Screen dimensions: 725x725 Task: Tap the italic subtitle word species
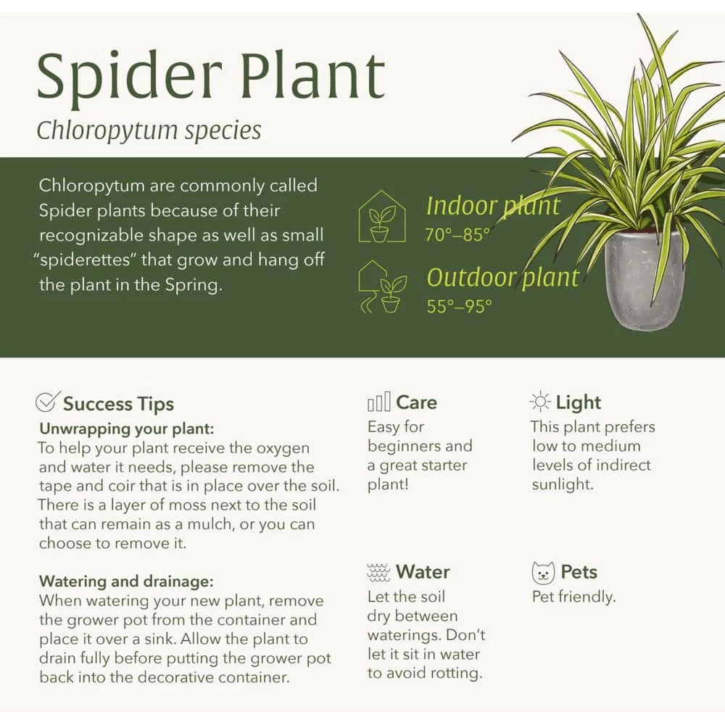(x=223, y=131)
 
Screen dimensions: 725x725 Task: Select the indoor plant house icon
(x=382, y=216)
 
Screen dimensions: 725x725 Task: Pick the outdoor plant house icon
(x=382, y=287)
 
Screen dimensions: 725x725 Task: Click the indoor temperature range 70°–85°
(x=457, y=235)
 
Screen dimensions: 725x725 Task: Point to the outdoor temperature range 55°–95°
(x=459, y=306)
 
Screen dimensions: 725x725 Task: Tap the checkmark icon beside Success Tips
(x=48, y=402)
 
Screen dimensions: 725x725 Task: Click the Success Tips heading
(x=118, y=404)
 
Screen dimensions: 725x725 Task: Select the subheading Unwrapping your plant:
(x=127, y=429)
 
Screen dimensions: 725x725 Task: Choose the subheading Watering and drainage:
(x=126, y=581)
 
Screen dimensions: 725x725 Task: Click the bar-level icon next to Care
(x=378, y=402)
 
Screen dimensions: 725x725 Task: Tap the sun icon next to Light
(x=539, y=402)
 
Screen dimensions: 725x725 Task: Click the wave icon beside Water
(x=378, y=573)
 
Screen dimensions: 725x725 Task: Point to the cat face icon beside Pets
(x=543, y=573)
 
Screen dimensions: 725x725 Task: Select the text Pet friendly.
(x=573, y=597)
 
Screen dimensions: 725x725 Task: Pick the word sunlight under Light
(x=563, y=484)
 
